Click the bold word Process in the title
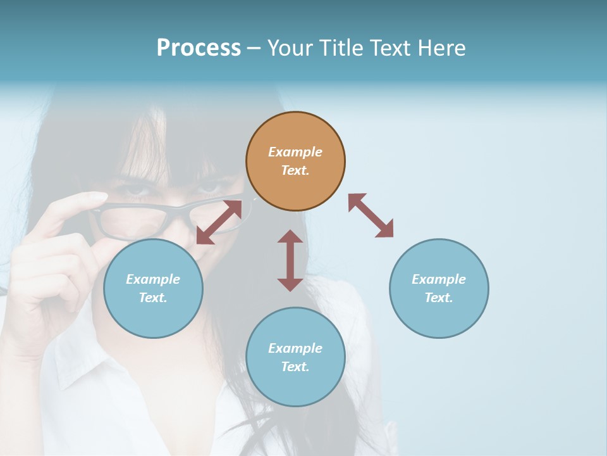coord(199,48)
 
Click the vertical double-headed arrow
coord(290,260)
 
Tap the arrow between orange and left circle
coord(219,222)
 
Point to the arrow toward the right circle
coord(371,215)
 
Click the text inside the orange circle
coord(295,161)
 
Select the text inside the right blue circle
coord(439,288)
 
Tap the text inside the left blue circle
coord(153,288)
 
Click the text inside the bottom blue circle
coord(295,357)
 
